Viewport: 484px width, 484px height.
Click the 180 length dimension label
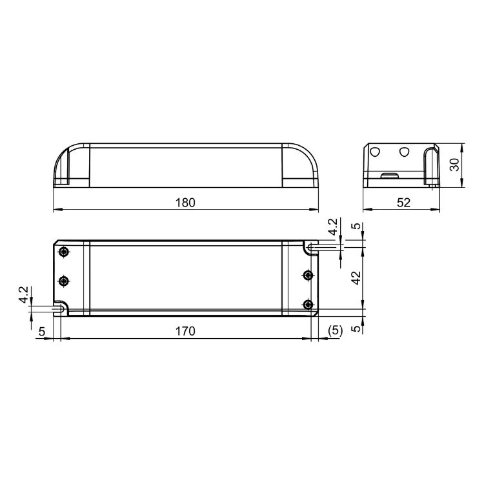(185, 203)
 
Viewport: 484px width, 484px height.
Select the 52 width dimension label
(403, 203)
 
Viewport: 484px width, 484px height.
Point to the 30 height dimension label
(454, 165)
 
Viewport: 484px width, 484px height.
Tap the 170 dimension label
(185, 331)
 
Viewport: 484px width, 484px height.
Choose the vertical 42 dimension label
(356, 277)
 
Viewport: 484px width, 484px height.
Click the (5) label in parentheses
(335, 331)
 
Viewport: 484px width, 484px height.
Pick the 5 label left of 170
(42, 332)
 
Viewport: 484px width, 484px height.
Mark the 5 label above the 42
(356, 226)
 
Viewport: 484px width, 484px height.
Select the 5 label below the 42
(356, 328)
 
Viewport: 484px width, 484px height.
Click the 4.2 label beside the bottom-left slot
(23, 295)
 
